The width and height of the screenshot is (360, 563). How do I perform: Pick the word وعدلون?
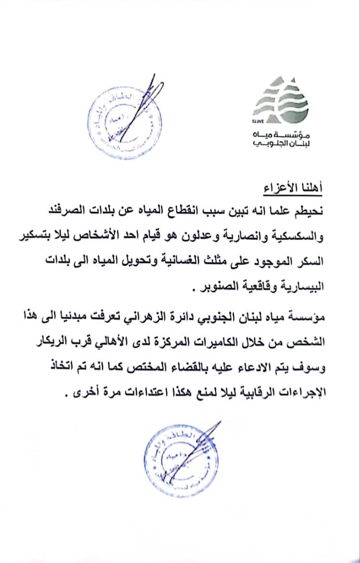[215, 238]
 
